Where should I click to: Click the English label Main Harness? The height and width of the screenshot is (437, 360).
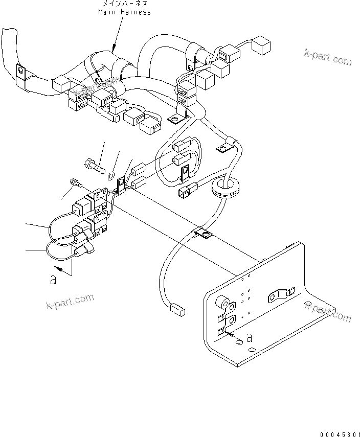pyautogui.click(x=125, y=12)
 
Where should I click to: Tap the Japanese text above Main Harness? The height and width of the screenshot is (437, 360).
pyautogui.click(x=124, y=4)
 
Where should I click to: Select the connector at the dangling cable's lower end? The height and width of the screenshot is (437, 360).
pyautogui.click(x=176, y=309)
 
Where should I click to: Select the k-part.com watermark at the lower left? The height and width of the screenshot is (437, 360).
pyautogui.click(x=70, y=303)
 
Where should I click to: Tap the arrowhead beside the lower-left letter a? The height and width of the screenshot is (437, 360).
pyautogui.click(x=60, y=268)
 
